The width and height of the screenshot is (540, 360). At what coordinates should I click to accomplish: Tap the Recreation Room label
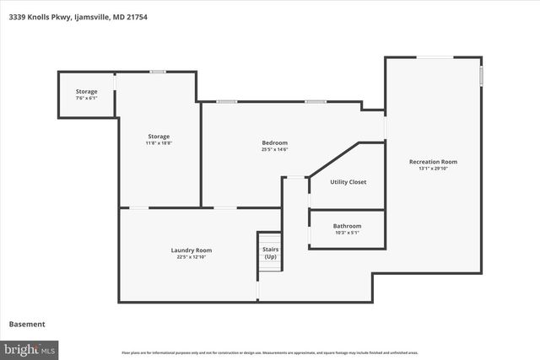[x=433, y=162]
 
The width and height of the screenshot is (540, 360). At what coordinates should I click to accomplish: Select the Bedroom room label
[x=275, y=142]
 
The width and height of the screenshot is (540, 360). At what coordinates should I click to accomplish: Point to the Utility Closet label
[x=348, y=182]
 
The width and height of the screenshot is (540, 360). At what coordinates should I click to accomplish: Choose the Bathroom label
[x=347, y=226]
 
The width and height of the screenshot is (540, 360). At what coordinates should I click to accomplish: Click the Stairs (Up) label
[x=270, y=253]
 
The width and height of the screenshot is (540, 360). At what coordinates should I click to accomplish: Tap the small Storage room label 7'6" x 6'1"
[x=86, y=91]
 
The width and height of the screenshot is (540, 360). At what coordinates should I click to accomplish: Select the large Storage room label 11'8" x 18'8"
[x=159, y=137]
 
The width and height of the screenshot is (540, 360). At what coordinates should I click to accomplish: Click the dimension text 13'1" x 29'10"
[x=433, y=169]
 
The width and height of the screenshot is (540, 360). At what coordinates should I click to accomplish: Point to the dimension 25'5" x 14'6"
[x=275, y=149]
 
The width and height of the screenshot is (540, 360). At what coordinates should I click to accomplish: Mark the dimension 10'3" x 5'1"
[x=347, y=233]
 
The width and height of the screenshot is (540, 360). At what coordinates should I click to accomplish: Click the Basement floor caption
[x=27, y=324]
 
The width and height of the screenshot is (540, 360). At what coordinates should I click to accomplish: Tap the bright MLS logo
[x=30, y=348]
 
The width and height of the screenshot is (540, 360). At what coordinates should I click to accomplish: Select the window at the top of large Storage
[x=157, y=72]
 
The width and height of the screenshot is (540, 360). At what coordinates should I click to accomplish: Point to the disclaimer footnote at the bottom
[x=270, y=352]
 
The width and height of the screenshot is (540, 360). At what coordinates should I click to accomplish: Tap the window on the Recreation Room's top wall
[x=435, y=57]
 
